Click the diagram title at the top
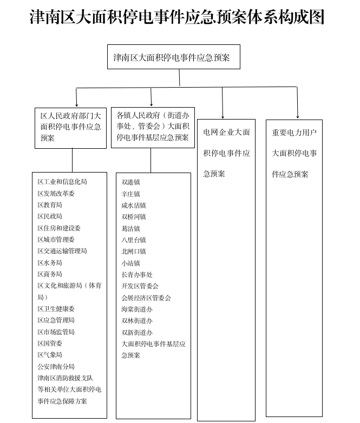pyautogui.click(x=178, y=17)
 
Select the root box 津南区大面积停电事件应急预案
pyautogui.click(x=172, y=57)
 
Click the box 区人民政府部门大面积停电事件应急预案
pyautogui.click(x=70, y=127)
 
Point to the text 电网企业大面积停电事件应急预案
pyautogui.click(x=226, y=153)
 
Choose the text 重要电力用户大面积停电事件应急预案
pyautogui.click(x=294, y=153)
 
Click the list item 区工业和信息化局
pyautogui.click(x=62, y=182)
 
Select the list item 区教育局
pyautogui.click(x=50, y=205)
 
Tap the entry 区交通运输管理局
pyautogui.click(x=62, y=251)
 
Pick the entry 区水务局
pyautogui.click(x=50, y=263)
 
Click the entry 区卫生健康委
pyautogui.click(x=56, y=309)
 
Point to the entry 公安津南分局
pyautogui.click(x=56, y=367)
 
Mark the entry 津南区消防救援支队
pyautogui.click(x=66, y=378)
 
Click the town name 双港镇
pyautogui.click(x=131, y=182)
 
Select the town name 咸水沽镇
pyautogui.click(x=134, y=206)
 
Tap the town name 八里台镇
pyautogui.click(x=134, y=240)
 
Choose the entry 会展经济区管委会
pyautogui.click(x=146, y=298)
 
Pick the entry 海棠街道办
pyautogui.click(x=137, y=309)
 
